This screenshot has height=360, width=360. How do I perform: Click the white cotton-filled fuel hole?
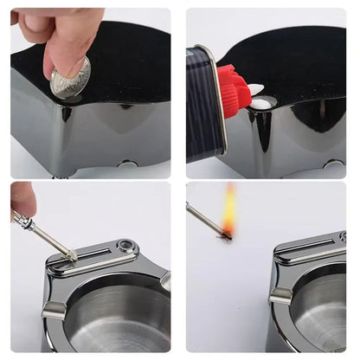(x=260, y=104)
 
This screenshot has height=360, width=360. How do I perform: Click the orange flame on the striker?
(x=229, y=210)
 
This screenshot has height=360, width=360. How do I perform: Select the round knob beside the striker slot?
(x=125, y=247)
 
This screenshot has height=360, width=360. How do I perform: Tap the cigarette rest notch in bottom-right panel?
(x=280, y=296)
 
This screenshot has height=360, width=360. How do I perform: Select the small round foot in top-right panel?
(x=331, y=164)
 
